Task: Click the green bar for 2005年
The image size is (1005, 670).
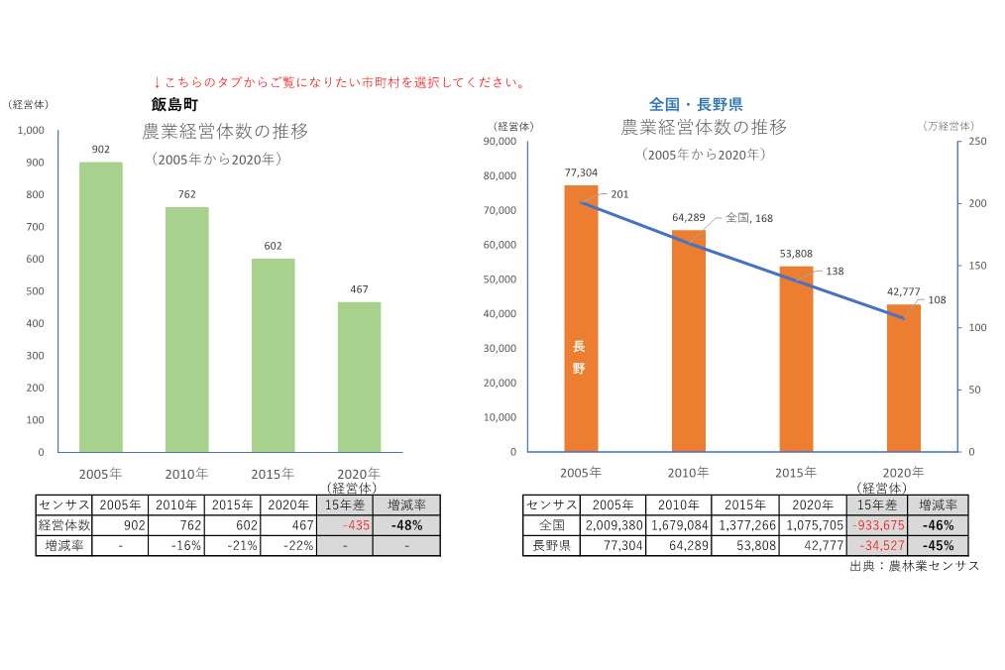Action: coord(101,307)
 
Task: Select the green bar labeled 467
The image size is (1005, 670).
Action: coord(359,377)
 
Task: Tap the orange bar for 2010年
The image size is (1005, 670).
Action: coord(689,341)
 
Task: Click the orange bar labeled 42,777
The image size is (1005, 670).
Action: coord(904,378)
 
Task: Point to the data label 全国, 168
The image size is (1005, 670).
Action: coord(748,217)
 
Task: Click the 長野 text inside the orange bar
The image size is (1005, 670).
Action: coord(580,358)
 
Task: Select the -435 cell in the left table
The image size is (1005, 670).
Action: coord(351,526)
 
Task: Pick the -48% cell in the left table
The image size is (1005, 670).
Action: coord(407,526)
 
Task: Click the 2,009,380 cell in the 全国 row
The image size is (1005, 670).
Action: coord(614,526)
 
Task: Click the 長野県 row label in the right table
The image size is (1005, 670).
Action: coord(551,546)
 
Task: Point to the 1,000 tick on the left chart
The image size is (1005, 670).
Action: coord(31,131)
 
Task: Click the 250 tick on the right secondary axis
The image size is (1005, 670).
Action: coord(977,142)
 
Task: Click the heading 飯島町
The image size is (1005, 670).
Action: coord(174,103)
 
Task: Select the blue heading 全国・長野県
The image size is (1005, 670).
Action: coord(696,103)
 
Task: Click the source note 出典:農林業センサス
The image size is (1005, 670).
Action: coord(914,566)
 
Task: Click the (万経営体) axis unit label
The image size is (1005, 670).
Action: coord(948,126)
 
